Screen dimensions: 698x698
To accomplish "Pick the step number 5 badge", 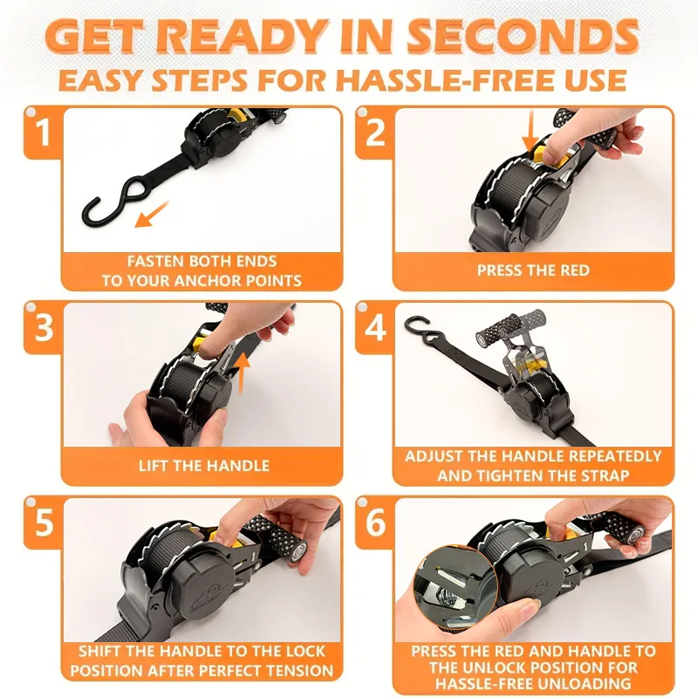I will pos(43,523).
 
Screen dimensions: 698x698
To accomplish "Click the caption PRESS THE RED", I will pos(532,270).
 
